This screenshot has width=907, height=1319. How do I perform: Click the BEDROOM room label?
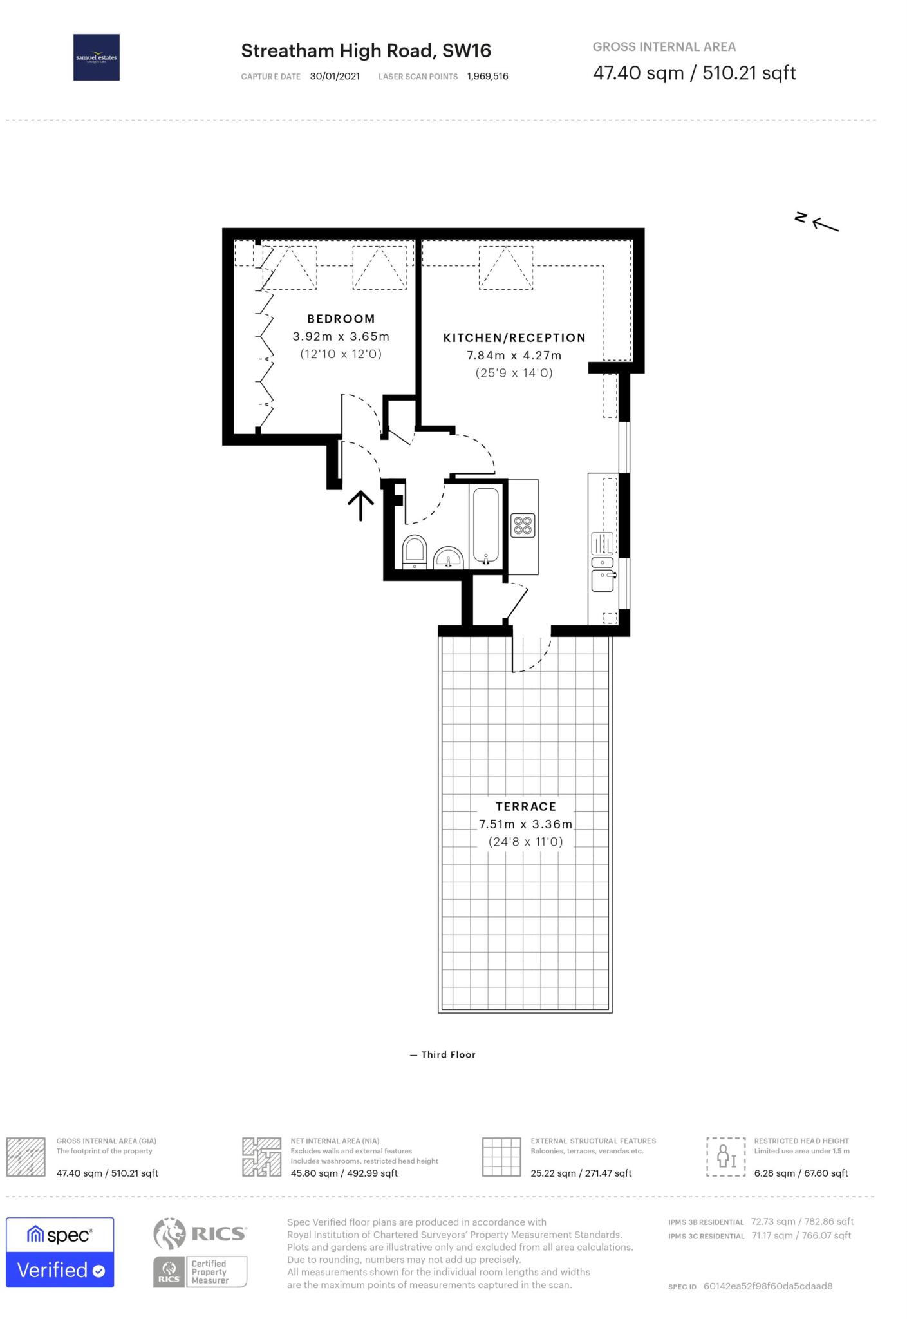[x=341, y=319]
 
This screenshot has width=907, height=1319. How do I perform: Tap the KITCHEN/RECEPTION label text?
[x=514, y=337]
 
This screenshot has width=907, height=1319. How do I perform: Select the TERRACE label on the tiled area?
[x=525, y=806]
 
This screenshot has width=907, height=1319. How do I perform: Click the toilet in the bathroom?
[x=415, y=551]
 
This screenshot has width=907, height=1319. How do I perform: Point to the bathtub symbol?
[x=485, y=526]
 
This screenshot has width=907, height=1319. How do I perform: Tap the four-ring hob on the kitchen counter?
[x=523, y=526]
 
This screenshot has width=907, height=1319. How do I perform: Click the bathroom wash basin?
[x=448, y=558]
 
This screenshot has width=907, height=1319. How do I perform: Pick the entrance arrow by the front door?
[x=360, y=506]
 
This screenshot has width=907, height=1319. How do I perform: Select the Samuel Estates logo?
[x=97, y=57]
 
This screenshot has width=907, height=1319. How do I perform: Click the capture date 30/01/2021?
[x=335, y=77]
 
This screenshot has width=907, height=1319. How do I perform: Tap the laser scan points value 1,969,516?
[x=487, y=77]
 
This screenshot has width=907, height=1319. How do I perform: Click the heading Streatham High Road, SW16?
[x=366, y=51]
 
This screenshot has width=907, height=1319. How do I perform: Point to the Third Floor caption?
[x=447, y=1054]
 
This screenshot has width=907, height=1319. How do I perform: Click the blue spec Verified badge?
[x=60, y=1252]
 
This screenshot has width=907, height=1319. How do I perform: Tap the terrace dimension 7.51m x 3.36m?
[x=525, y=824]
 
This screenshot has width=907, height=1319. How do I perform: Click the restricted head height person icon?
[x=725, y=1157]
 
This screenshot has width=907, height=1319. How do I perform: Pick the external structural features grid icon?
[x=501, y=1157]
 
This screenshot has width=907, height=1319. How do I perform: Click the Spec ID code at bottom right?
[x=767, y=1286]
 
